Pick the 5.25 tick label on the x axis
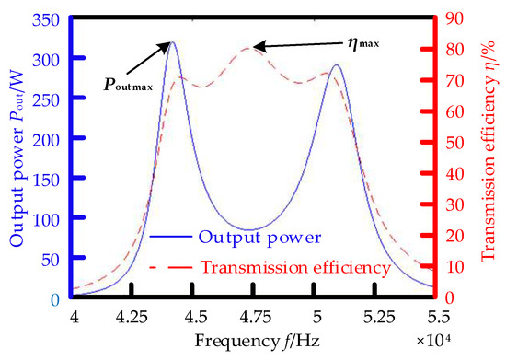point(374,315)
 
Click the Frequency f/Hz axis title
point(254,339)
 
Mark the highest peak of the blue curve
point(173,41)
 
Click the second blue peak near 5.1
point(337,65)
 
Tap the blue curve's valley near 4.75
point(252,229)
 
